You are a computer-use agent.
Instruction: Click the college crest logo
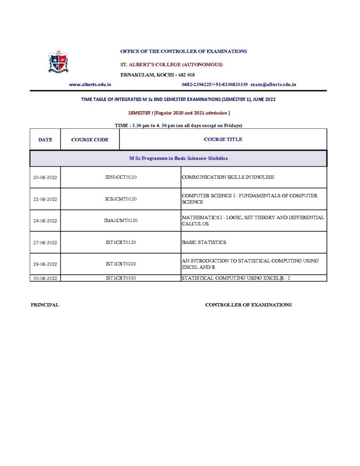click(58, 62)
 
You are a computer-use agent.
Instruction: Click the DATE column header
click(45, 140)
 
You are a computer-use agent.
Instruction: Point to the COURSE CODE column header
click(90, 140)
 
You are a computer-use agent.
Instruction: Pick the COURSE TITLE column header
click(223, 139)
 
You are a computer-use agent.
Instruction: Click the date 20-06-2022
click(45, 177)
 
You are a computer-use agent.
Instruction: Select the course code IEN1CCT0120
click(121, 177)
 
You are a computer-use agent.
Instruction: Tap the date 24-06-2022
click(45, 221)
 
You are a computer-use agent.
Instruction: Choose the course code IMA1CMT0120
click(121, 221)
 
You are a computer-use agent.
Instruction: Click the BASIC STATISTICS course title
click(204, 243)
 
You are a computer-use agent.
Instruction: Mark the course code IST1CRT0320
click(121, 278)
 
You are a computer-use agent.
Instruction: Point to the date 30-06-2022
click(45, 278)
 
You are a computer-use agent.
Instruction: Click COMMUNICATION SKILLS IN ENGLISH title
click(228, 177)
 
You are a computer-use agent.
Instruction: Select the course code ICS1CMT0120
click(121, 199)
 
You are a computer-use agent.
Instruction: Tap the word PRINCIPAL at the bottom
click(45, 305)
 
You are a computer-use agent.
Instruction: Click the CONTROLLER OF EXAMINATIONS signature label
click(248, 305)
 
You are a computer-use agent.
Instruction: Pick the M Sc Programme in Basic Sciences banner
click(178, 158)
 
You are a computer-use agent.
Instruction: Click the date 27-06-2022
click(45, 243)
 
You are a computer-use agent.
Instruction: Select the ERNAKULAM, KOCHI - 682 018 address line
click(157, 75)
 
